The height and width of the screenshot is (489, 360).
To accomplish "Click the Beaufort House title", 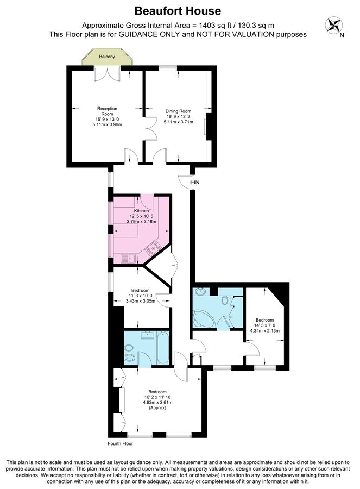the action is (178, 11).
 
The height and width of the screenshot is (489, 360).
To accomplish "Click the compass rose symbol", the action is (334, 25).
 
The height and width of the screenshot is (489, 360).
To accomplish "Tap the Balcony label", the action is (107, 57).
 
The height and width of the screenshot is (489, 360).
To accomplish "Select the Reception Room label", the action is (107, 111).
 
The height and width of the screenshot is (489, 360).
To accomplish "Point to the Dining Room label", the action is (178, 111).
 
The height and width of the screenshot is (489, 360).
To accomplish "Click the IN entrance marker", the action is (194, 183).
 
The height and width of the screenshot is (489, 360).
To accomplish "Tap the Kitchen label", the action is (142, 211).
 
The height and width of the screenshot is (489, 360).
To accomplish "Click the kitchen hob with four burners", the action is (153, 248).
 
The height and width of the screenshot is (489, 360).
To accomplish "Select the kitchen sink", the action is (128, 259).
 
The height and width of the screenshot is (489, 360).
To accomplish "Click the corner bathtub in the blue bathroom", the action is (203, 318).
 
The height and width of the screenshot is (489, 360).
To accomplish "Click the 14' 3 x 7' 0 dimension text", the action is (264, 325).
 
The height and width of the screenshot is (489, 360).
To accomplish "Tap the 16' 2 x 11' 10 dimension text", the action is (157, 397).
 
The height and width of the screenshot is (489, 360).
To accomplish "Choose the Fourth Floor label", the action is (121, 443).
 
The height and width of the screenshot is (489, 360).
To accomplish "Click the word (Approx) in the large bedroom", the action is (157, 407).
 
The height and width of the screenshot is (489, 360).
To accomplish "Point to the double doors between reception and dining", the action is (150, 128).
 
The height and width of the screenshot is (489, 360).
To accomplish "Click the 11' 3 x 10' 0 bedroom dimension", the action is (141, 296).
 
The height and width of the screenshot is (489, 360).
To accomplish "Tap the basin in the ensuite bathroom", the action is (147, 335).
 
